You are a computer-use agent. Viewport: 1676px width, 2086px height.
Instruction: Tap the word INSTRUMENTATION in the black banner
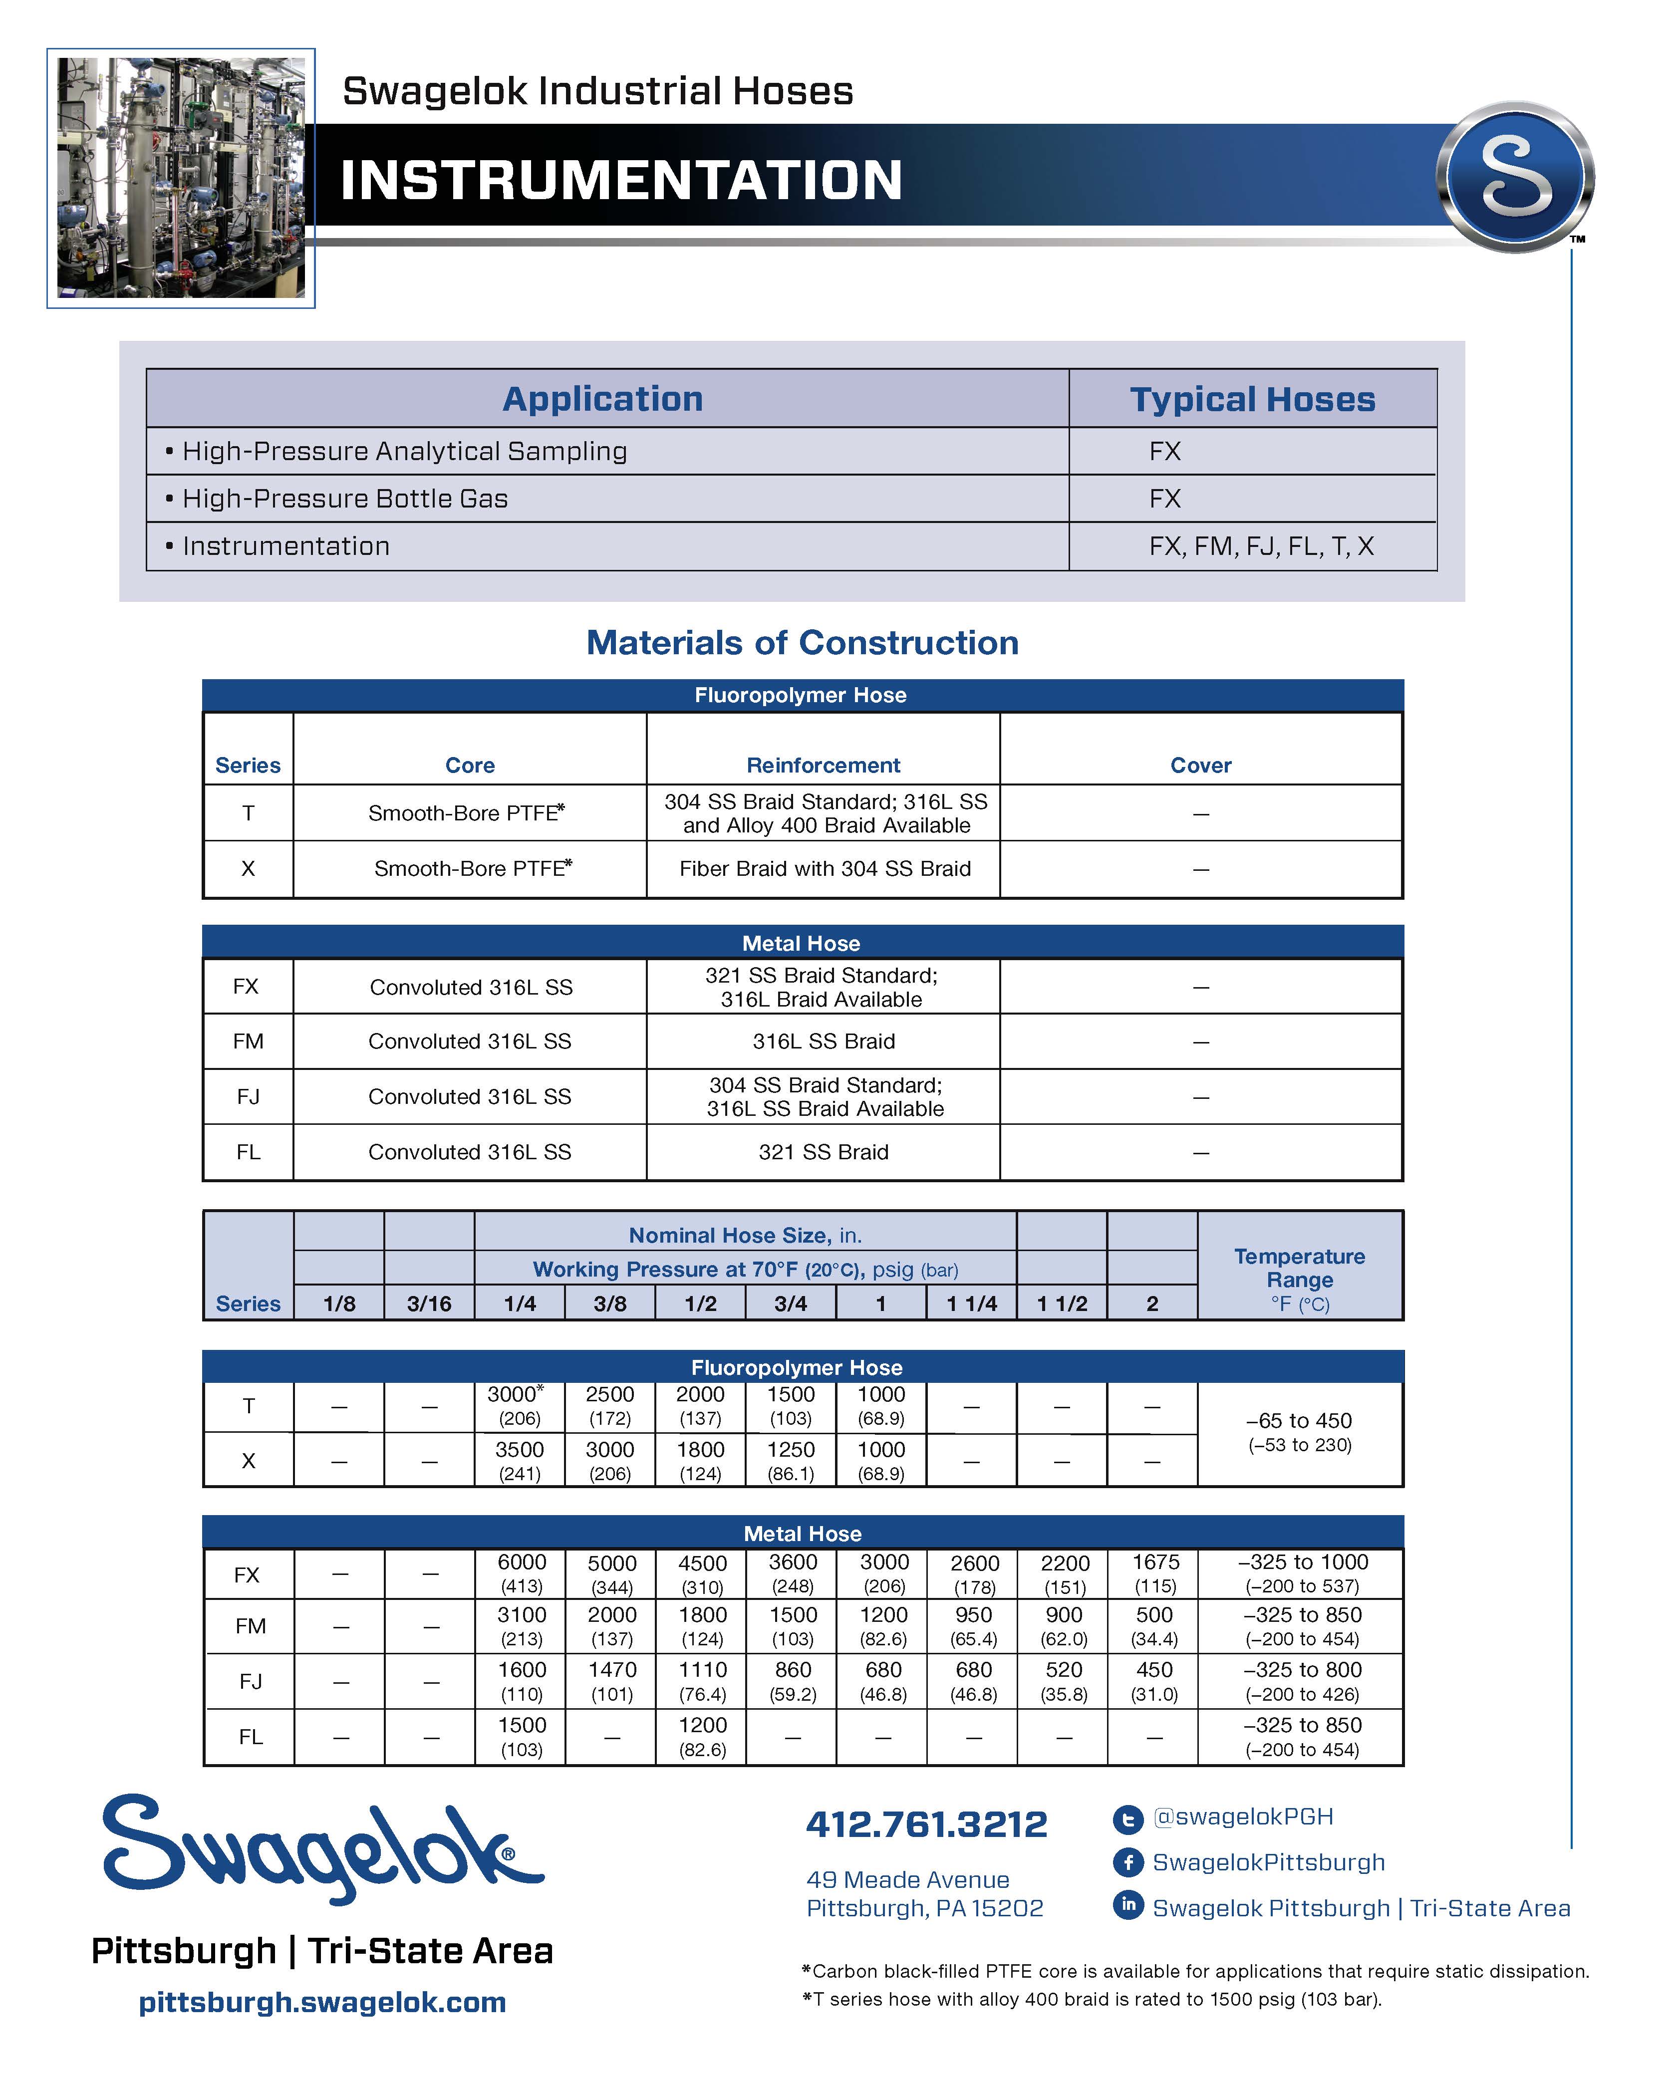pos(621,181)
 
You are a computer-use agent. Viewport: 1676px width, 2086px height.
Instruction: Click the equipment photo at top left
pos(181,178)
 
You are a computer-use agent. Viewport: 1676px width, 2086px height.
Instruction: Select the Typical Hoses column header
pos(1252,399)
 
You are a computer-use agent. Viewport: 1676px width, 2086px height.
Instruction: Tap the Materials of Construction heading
pos(802,642)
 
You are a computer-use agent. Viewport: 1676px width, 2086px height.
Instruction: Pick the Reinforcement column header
pos(823,766)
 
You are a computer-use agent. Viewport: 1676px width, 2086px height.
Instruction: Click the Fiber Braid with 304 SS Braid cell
pos(825,869)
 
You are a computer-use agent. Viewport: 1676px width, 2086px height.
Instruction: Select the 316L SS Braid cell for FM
pos(824,1041)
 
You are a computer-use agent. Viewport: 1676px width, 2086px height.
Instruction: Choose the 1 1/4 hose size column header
pos(972,1304)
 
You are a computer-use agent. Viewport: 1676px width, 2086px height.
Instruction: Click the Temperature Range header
pos(1300,1268)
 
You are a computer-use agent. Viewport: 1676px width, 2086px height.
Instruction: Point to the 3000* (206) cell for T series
pos(519,1406)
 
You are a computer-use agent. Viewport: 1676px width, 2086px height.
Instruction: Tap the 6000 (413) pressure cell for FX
pos(522,1573)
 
